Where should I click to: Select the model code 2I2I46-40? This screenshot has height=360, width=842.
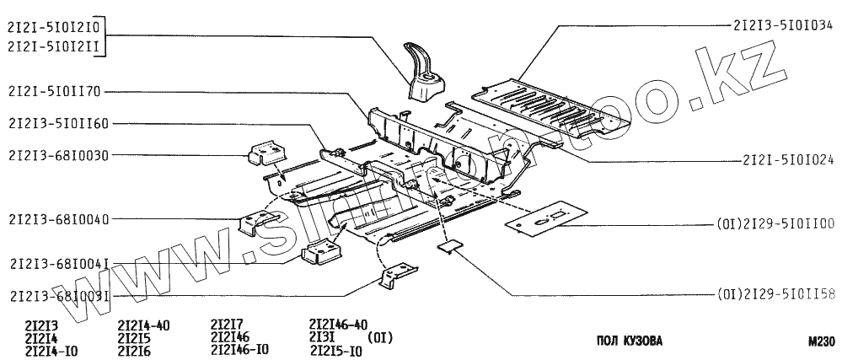pyautogui.click(x=338, y=325)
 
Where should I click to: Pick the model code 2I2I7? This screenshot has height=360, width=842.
pyautogui.click(x=227, y=325)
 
